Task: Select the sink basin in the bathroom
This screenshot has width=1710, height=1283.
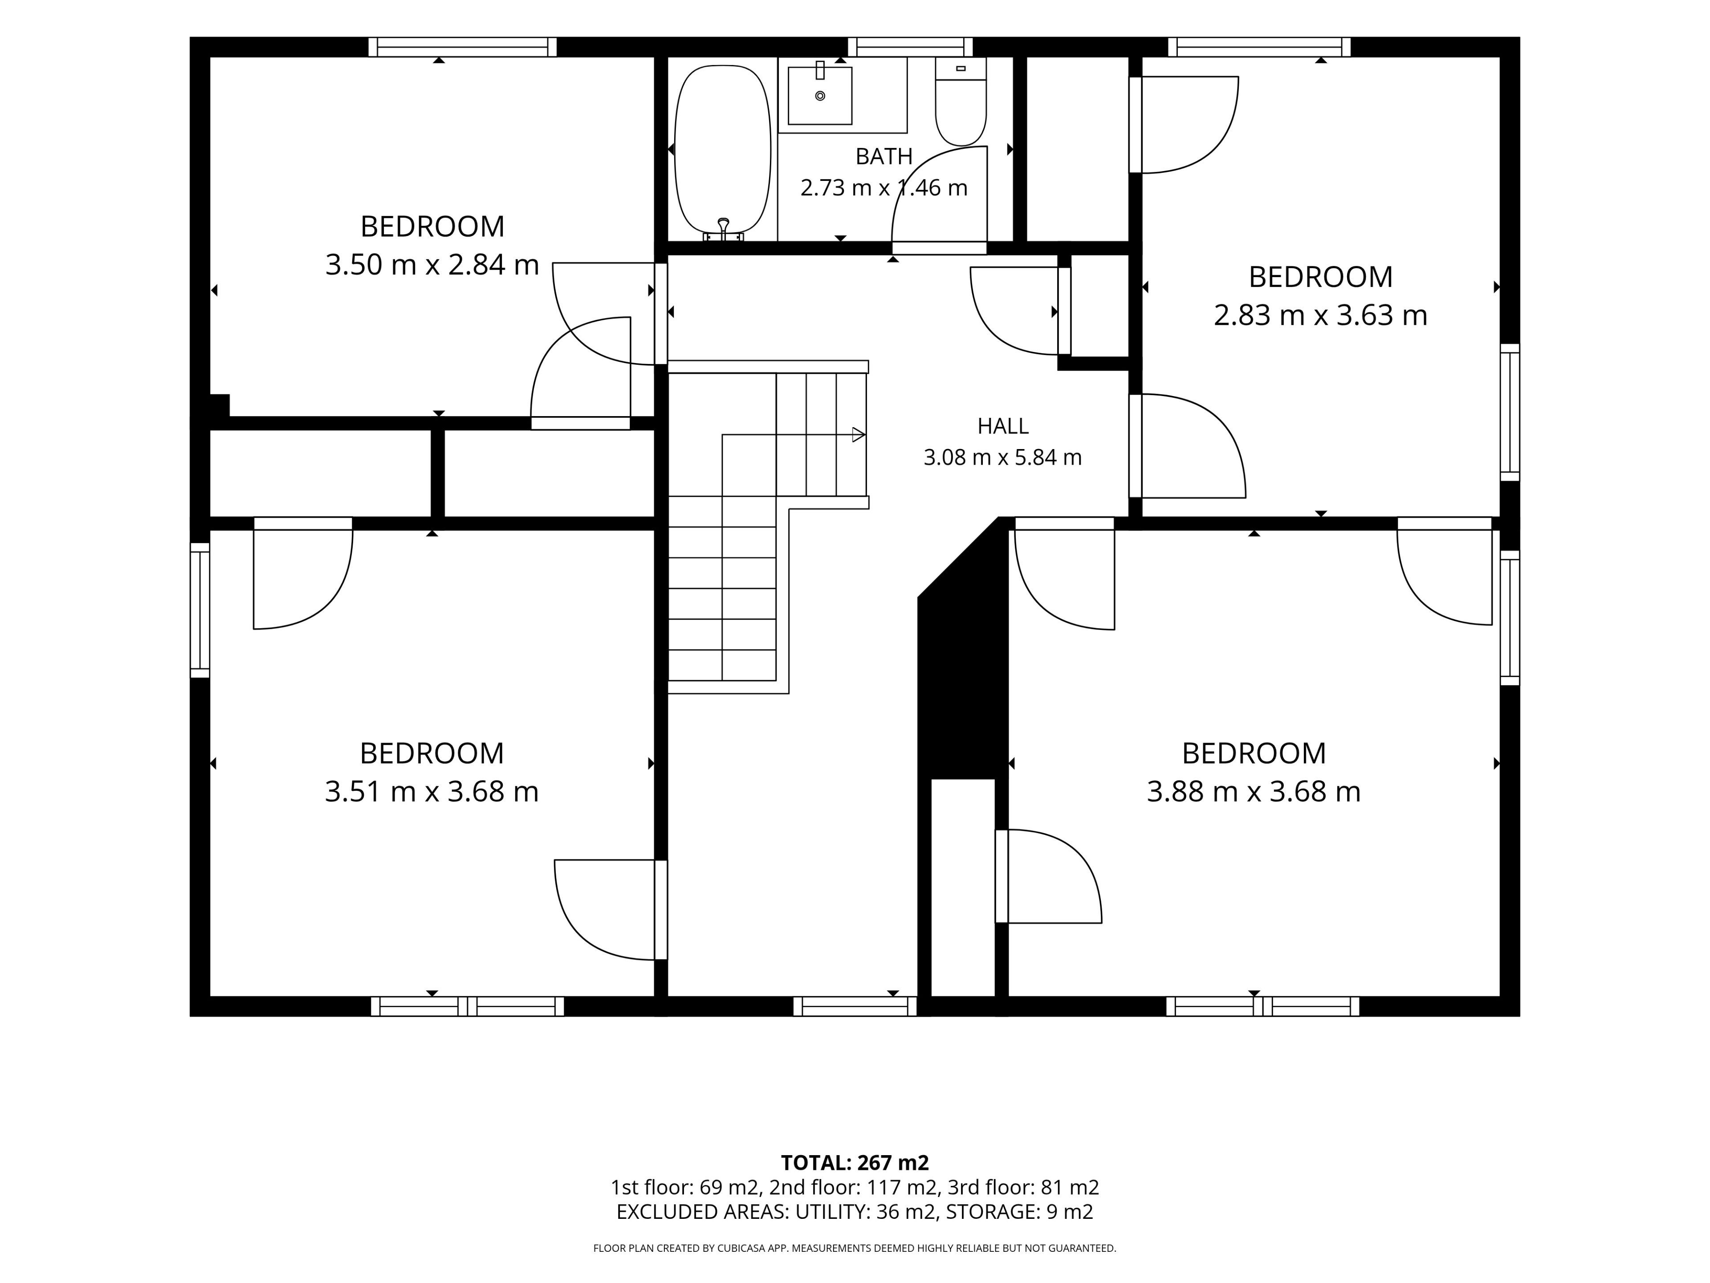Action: (x=820, y=95)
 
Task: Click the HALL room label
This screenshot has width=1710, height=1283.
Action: (x=1003, y=426)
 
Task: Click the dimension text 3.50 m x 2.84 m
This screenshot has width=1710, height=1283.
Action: (x=432, y=265)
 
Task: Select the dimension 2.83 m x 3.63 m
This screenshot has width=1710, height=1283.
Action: (x=1320, y=315)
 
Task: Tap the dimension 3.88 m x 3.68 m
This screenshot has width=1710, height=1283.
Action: (x=1253, y=791)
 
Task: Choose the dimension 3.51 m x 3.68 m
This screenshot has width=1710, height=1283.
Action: (x=432, y=791)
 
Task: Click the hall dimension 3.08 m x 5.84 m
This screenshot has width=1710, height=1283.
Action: (x=1003, y=457)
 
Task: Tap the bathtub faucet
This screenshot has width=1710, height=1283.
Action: (x=724, y=229)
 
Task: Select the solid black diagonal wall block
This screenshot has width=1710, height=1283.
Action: (x=962, y=648)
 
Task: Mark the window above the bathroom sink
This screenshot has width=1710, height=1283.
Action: (x=911, y=47)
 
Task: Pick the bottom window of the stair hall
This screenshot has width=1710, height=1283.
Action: (x=855, y=1006)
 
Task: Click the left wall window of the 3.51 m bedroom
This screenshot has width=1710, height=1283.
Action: (x=200, y=610)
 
